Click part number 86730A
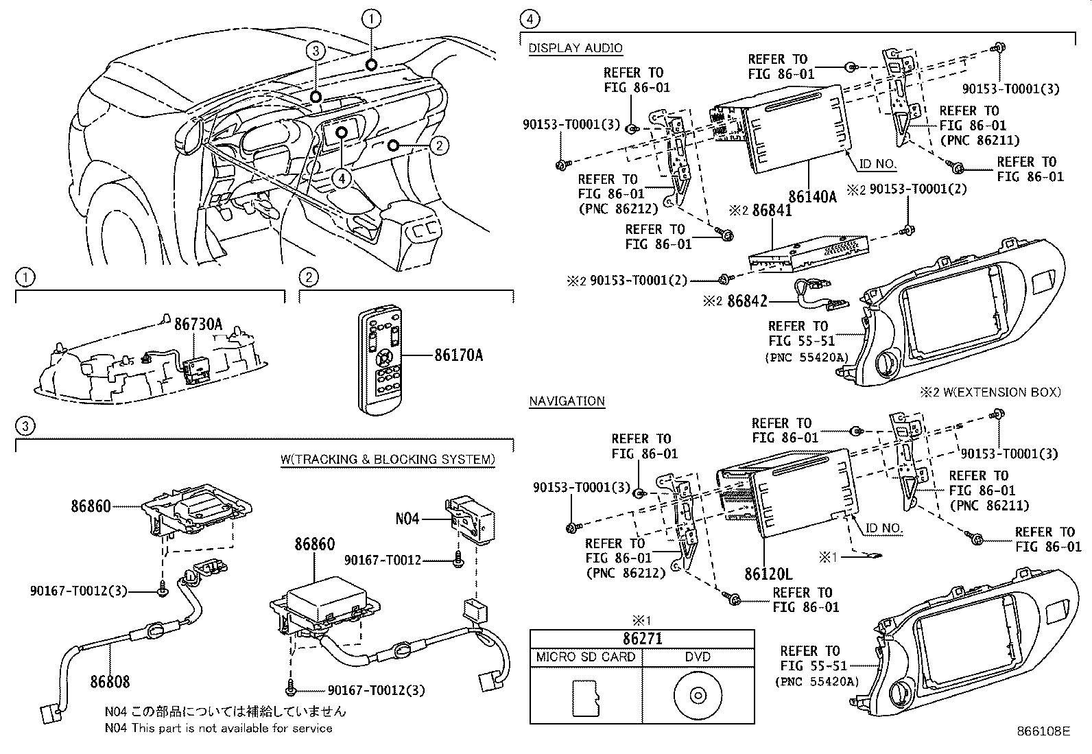[198, 324]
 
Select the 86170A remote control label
[458, 355]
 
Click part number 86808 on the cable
[109, 681]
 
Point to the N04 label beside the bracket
[407, 519]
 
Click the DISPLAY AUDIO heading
[575, 48]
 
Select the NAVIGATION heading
[567, 401]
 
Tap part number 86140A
[812, 197]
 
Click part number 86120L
[768, 573]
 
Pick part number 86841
[772, 211]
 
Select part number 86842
[747, 301]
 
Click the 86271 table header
[642, 638]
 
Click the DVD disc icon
[698, 696]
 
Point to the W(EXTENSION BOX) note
[990, 392]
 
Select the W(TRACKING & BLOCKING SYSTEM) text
[388, 459]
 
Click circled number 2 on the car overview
[440, 145]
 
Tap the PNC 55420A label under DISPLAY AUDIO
[807, 357]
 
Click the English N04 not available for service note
[218, 728]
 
